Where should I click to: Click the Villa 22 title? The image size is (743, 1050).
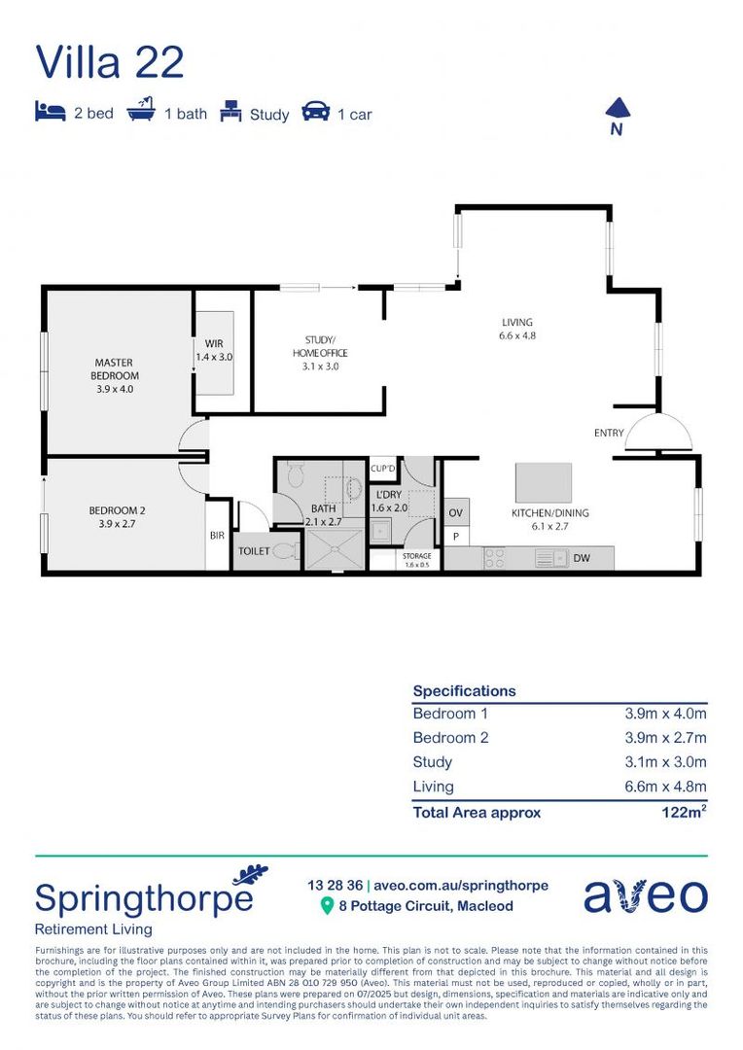pyautogui.click(x=109, y=61)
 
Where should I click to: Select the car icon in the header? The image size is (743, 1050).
pyautogui.click(x=316, y=112)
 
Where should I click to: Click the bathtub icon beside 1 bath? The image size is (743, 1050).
pyautogui.click(x=142, y=112)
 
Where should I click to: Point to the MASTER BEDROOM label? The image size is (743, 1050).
pyautogui.click(x=115, y=369)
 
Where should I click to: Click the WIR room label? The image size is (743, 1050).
pyautogui.click(x=214, y=344)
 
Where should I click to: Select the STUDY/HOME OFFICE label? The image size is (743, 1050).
pyautogui.click(x=320, y=346)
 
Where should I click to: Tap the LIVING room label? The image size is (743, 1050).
pyautogui.click(x=516, y=323)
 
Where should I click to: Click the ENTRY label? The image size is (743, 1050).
pyautogui.click(x=610, y=433)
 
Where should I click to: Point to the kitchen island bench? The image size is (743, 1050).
pyautogui.click(x=543, y=482)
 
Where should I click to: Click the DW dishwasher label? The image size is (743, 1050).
pyautogui.click(x=582, y=558)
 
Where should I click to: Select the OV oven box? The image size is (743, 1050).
pyautogui.click(x=455, y=512)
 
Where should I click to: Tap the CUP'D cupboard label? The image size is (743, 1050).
pyautogui.click(x=384, y=470)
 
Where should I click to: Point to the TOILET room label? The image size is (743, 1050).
pyautogui.click(x=253, y=550)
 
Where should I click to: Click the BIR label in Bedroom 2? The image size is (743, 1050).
pyautogui.click(x=216, y=535)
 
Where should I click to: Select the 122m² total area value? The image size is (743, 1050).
pyautogui.click(x=683, y=812)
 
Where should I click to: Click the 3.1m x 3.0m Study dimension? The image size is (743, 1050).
pyautogui.click(x=665, y=762)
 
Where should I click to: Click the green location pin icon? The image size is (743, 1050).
pyautogui.click(x=327, y=906)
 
